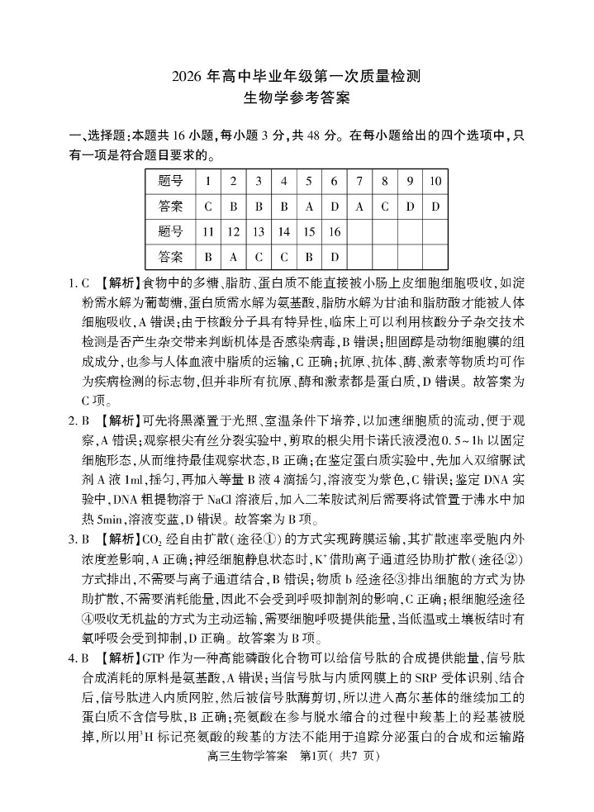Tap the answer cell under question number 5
pyautogui.click(x=308, y=207)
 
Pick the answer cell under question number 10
pyautogui.click(x=435, y=207)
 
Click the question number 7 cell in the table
pyautogui.click(x=359, y=181)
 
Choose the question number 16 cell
pyautogui.click(x=334, y=232)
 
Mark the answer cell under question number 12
pyautogui.click(x=233, y=258)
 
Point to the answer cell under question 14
pyautogui.click(x=283, y=258)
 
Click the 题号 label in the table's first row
pyautogui.click(x=170, y=181)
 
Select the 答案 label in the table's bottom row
pyautogui.click(x=170, y=258)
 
